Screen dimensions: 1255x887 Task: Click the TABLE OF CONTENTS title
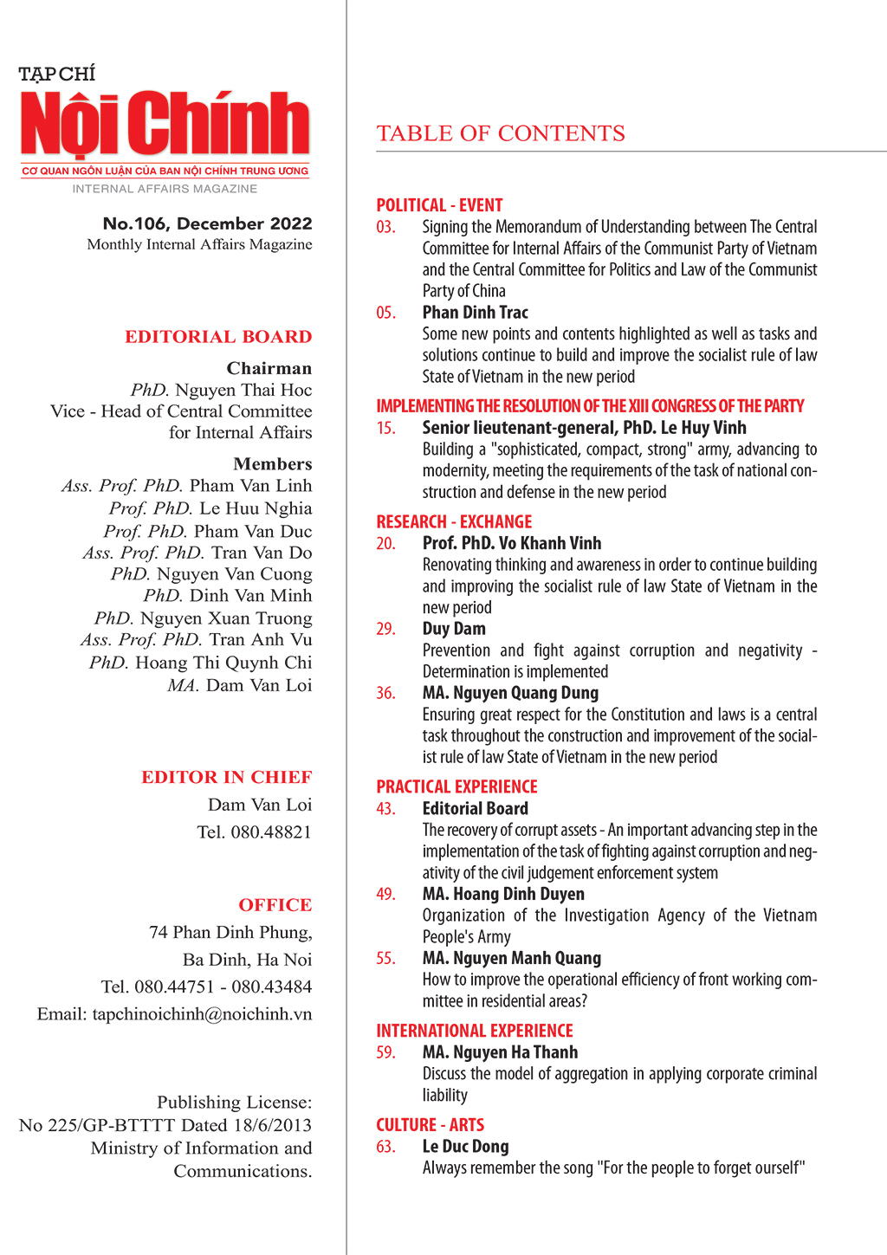[501, 133]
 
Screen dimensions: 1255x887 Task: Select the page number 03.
[385, 227]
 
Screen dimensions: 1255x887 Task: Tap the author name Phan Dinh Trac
[475, 313]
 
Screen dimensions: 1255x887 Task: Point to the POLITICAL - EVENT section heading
[439, 205]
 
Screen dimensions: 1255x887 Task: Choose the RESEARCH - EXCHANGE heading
[454, 521]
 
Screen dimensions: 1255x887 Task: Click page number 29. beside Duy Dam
[385, 629]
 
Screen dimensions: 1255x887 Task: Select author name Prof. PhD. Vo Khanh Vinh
[511, 543]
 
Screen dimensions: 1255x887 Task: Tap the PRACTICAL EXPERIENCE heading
[456, 786]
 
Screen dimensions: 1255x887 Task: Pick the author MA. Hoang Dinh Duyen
[502, 894]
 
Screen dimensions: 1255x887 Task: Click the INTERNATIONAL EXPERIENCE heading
[475, 1031]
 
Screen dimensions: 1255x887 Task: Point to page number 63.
[385, 1147]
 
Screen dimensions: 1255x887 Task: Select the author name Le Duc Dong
[465, 1147]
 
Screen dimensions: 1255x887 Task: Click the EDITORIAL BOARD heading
[218, 337]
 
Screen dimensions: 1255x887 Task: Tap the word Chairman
[269, 368]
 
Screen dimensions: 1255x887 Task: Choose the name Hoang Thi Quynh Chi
[223, 663]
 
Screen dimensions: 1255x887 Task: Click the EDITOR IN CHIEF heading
[226, 777]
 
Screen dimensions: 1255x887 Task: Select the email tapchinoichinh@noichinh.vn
[202, 1014]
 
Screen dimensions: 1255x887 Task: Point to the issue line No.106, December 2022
[207, 223]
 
